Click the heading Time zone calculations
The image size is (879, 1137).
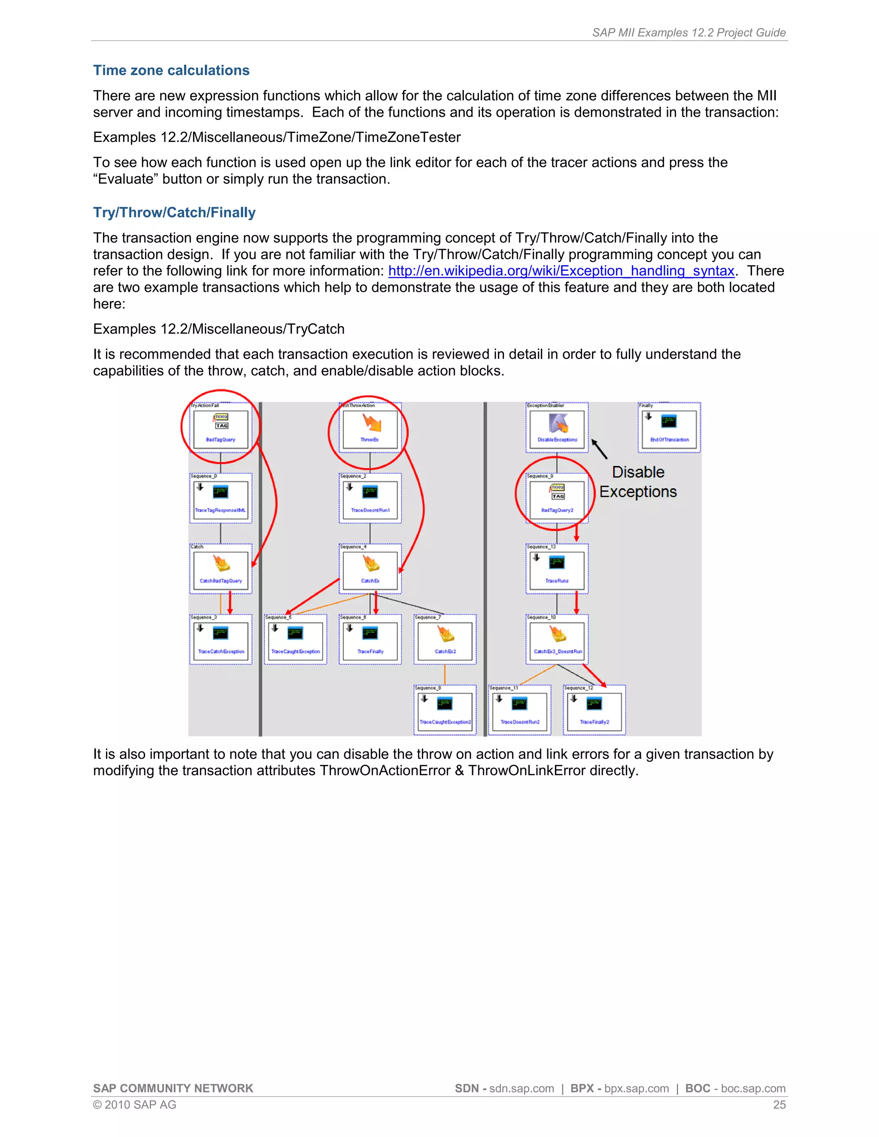(x=171, y=70)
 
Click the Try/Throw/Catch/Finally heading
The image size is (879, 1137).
(x=174, y=212)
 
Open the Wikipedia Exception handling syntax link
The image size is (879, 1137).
(x=561, y=271)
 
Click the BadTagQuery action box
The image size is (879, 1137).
(x=221, y=429)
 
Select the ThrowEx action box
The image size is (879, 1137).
(x=370, y=429)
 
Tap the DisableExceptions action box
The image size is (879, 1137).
(x=557, y=429)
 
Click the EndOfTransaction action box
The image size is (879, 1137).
(x=669, y=429)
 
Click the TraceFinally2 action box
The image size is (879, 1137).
(x=594, y=711)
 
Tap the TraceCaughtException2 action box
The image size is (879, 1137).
(x=445, y=711)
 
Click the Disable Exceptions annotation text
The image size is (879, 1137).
(x=638, y=481)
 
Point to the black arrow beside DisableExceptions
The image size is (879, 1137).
(x=599, y=449)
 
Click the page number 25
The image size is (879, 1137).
(x=779, y=1105)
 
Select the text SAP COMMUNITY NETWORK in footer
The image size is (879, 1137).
(x=173, y=1089)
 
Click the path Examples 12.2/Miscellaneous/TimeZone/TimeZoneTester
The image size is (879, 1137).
(x=276, y=137)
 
